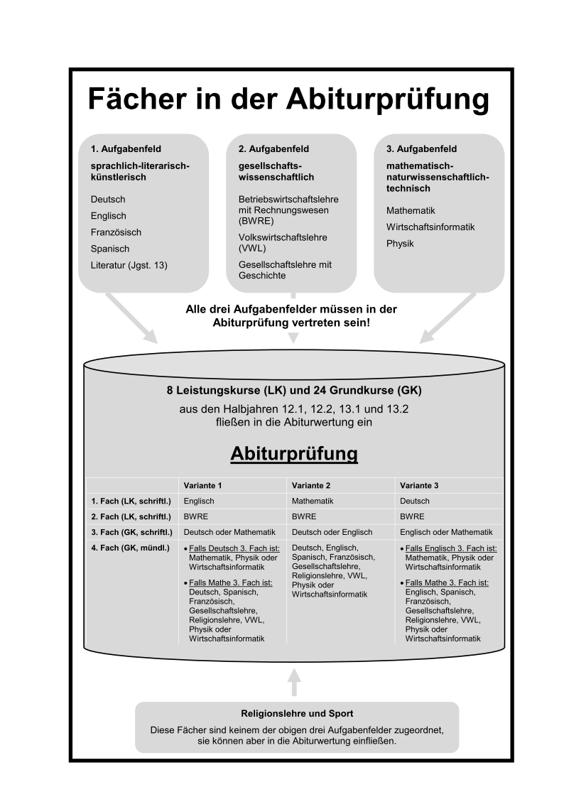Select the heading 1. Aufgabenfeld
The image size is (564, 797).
coord(126,149)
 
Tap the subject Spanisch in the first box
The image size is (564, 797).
coord(110,249)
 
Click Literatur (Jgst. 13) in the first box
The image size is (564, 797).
coord(129,265)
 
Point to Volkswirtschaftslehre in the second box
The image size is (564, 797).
coord(283,237)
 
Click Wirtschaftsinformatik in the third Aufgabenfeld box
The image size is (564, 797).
coord(430,227)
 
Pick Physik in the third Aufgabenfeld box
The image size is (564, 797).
coord(400,244)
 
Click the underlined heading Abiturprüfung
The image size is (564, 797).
coord(294,453)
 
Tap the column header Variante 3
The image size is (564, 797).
coord(420,486)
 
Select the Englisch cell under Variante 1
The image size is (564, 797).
coord(199,501)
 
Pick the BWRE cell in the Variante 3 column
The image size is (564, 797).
coord(412,517)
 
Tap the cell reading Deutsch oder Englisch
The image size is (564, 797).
coord(331,533)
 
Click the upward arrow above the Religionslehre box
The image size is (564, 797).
coord(294,681)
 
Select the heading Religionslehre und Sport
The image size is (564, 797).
coord(297,714)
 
